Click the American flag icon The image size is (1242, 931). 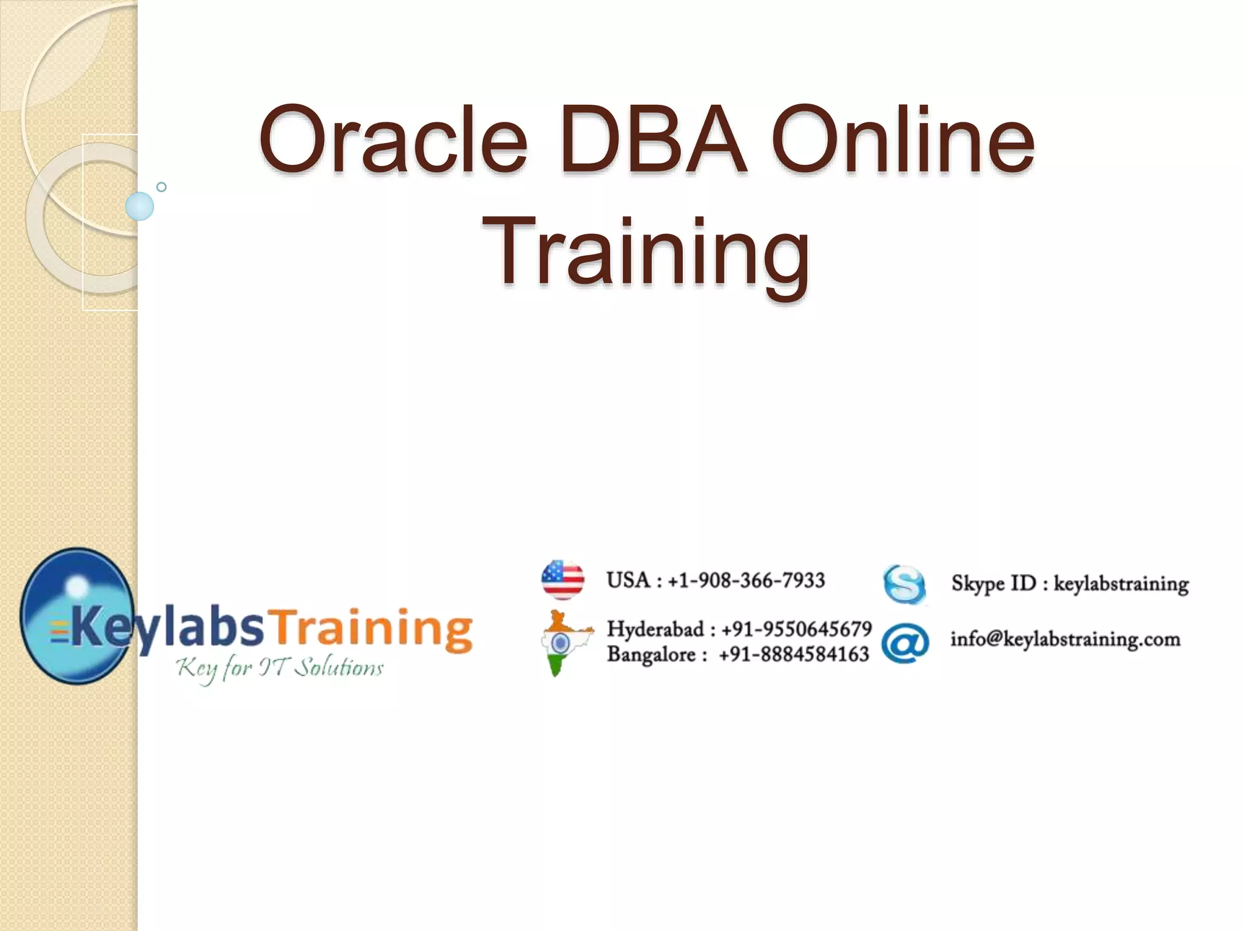pos(563,580)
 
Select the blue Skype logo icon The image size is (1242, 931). pos(904,585)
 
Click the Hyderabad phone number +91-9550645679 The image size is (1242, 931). pos(796,629)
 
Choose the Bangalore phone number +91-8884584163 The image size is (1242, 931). pos(794,655)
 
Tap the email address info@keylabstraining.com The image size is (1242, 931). pos(1065,639)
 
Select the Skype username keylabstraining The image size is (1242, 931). pos(1121,584)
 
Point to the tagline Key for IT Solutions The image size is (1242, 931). pos(280,669)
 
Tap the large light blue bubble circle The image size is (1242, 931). pos(140,206)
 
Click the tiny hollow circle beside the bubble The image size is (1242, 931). pos(161,187)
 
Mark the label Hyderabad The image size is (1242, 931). pos(656,629)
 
